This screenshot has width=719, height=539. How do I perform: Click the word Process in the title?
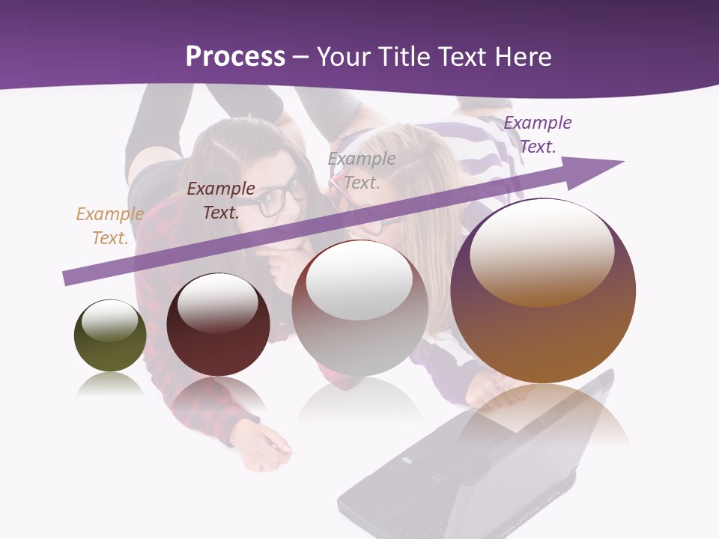[235, 57]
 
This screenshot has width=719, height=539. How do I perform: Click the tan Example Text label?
[109, 226]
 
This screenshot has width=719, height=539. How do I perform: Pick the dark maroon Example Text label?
[221, 201]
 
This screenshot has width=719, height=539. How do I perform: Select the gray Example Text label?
[362, 170]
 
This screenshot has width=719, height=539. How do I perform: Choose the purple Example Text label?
[538, 135]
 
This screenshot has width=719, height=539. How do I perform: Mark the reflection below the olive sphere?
[110, 385]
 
